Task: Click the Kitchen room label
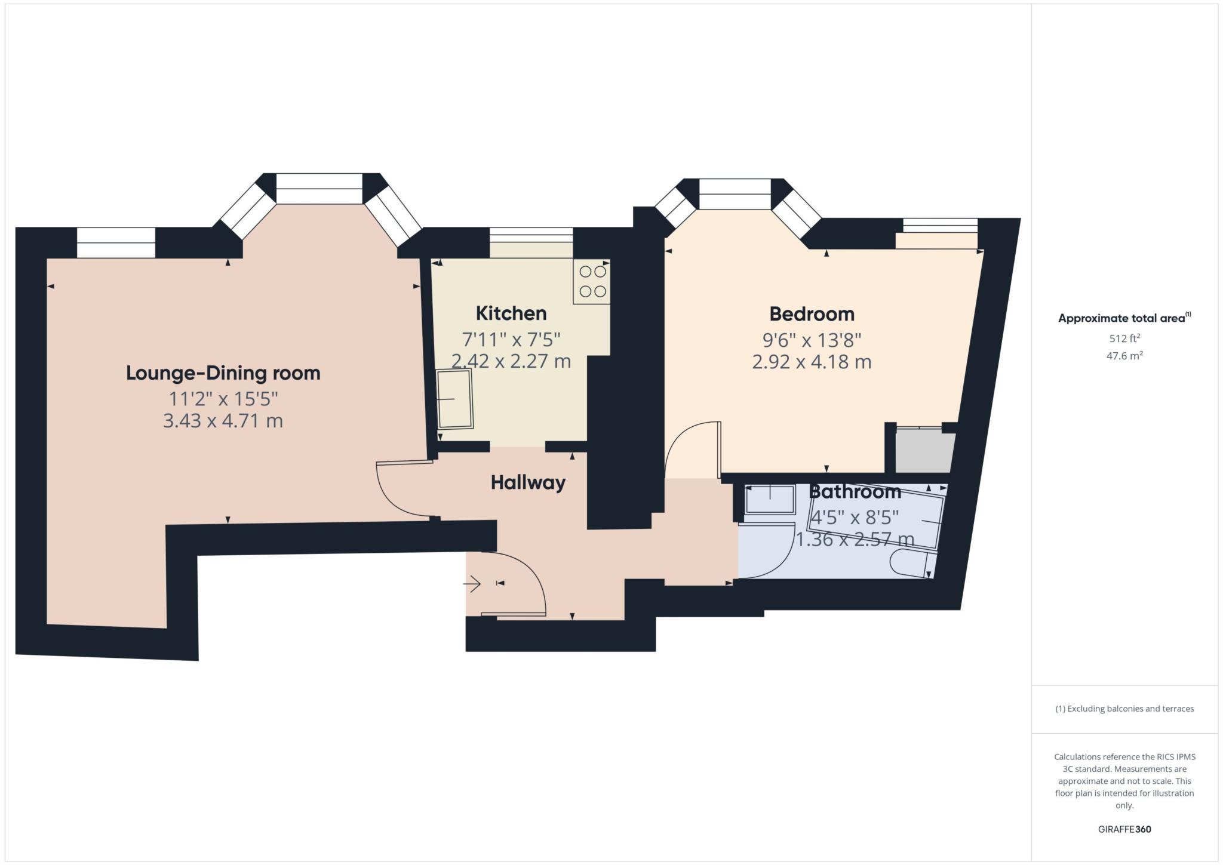(511, 313)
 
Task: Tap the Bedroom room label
(812, 314)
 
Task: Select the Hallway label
(528, 482)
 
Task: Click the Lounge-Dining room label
(223, 373)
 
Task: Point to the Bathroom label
(855, 492)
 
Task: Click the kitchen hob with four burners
(592, 282)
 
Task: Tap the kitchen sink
(455, 398)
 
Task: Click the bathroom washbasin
(770, 499)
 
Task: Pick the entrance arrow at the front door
(473, 583)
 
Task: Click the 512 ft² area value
(1124, 338)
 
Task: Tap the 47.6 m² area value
(1124, 356)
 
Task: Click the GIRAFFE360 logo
(1124, 829)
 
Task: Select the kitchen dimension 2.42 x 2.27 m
(511, 361)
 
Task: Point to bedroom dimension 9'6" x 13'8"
(812, 340)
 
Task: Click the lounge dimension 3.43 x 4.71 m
(223, 421)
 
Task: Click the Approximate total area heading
(1123, 318)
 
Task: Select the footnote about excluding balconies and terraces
(1124, 709)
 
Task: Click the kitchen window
(531, 235)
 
